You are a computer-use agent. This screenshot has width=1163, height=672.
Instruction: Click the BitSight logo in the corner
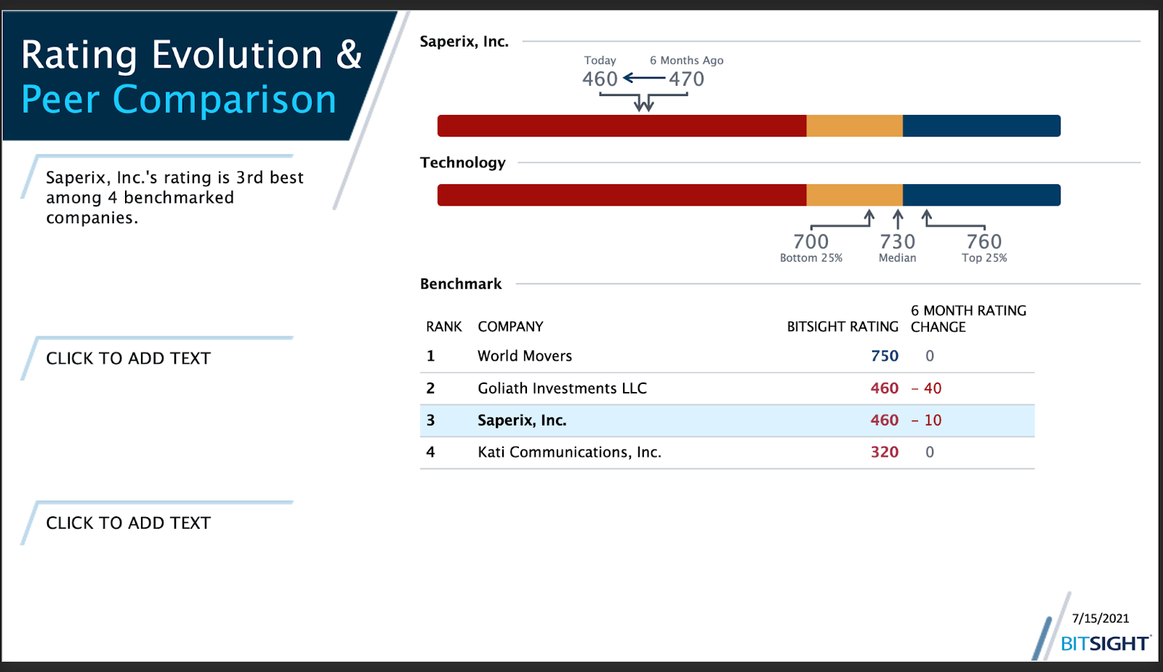pyautogui.click(x=1104, y=643)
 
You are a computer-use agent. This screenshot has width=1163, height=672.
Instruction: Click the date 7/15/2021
pyautogui.click(x=1100, y=618)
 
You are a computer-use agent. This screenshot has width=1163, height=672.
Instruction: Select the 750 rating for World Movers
pyautogui.click(x=885, y=356)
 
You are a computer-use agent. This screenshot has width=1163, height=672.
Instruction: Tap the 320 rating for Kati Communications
pyautogui.click(x=885, y=452)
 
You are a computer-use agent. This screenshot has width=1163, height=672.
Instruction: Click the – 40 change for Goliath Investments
pyautogui.click(x=927, y=388)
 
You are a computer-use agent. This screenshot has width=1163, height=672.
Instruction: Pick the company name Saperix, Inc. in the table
pyautogui.click(x=522, y=420)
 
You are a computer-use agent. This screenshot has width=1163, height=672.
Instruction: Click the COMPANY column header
pyautogui.click(x=510, y=327)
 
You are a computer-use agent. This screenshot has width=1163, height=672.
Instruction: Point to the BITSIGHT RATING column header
pyautogui.click(x=842, y=327)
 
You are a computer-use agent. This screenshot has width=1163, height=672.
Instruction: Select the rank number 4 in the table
pyautogui.click(x=430, y=452)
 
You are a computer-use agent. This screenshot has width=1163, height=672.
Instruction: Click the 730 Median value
pyautogui.click(x=898, y=241)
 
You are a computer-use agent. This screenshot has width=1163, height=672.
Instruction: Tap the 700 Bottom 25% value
pyautogui.click(x=810, y=241)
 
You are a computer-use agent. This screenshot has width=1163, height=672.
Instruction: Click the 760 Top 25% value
pyautogui.click(x=984, y=241)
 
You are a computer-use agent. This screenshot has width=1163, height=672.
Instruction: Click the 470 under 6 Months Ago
pyautogui.click(x=686, y=79)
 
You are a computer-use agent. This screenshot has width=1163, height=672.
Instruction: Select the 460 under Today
pyautogui.click(x=600, y=79)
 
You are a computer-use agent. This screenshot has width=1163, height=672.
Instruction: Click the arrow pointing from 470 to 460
pyautogui.click(x=644, y=78)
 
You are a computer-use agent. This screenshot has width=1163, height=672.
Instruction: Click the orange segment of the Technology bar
pyautogui.click(x=854, y=195)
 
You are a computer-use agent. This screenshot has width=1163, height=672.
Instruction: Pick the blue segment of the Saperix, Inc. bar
pyautogui.click(x=981, y=126)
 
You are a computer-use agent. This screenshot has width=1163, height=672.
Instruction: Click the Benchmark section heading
pyautogui.click(x=461, y=284)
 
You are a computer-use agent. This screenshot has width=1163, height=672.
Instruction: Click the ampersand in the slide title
pyautogui.click(x=349, y=55)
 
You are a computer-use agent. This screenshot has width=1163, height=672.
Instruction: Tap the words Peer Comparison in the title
pyautogui.click(x=179, y=100)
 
